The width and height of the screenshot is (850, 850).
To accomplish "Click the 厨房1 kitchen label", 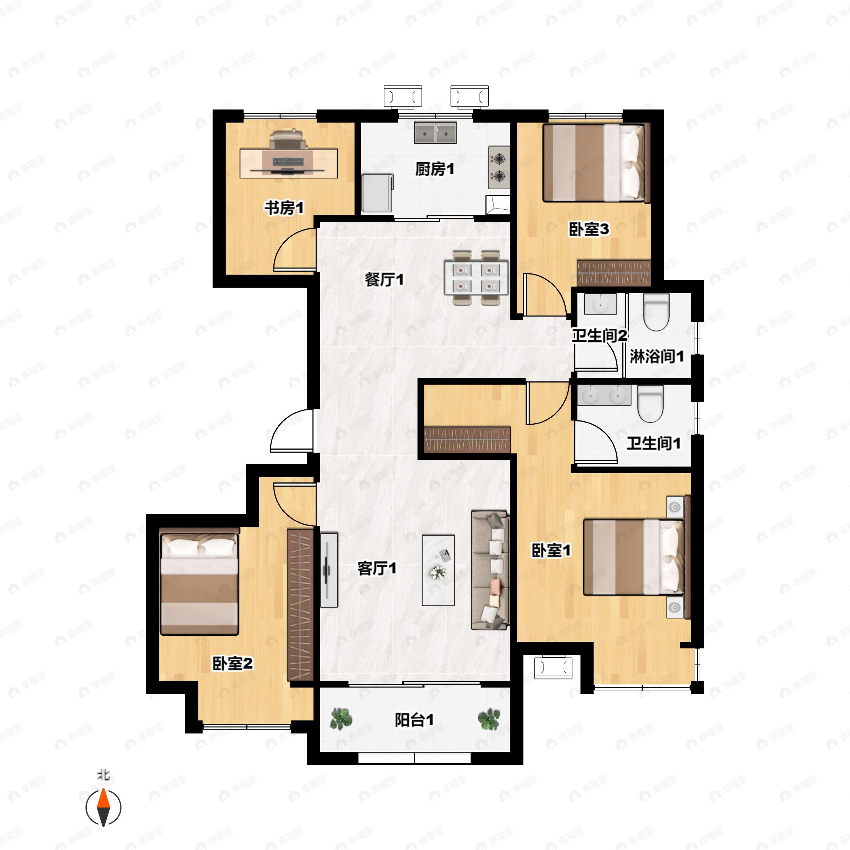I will (x=434, y=169).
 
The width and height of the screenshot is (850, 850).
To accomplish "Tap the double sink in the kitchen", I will (x=435, y=133).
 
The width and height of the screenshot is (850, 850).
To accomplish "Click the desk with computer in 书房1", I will (x=289, y=163).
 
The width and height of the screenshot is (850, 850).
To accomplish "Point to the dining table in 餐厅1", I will (x=476, y=277).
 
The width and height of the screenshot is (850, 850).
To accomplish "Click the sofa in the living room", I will (x=490, y=570).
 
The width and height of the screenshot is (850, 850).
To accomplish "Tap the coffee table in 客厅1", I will (x=438, y=570).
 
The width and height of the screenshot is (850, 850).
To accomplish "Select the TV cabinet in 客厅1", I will (x=329, y=570).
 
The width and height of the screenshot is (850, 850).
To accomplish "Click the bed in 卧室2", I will (x=199, y=582).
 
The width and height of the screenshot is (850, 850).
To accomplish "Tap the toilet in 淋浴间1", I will (x=656, y=312).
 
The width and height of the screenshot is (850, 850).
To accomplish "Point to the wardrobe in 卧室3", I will (x=613, y=273).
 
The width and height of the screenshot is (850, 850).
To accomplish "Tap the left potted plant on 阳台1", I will (x=341, y=719).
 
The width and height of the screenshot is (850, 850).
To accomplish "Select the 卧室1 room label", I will (x=551, y=550).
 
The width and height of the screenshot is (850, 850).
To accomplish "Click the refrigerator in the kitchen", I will (x=377, y=193).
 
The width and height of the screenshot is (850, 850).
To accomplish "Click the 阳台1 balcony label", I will (x=414, y=720).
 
